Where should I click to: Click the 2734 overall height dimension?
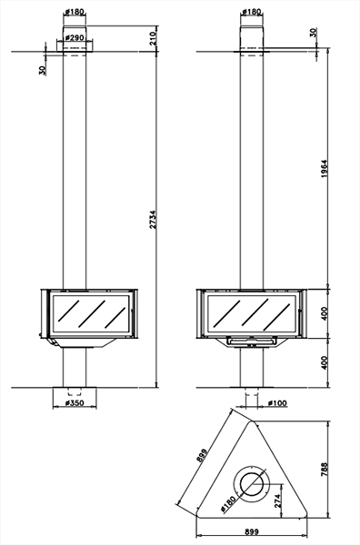click(x=153, y=219)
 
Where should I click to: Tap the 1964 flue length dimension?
click(x=325, y=169)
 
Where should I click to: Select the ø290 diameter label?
click(x=75, y=37)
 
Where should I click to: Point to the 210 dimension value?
click(x=153, y=37)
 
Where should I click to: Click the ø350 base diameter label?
click(x=75, y=403)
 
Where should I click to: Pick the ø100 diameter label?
click(x=277, y=402)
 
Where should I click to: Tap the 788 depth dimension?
click(x=324, y=470)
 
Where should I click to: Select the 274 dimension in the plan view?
click(x=277, y=500)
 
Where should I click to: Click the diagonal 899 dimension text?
click(x=202, y=455)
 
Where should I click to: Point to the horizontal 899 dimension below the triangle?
click(x=252, y=531)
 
